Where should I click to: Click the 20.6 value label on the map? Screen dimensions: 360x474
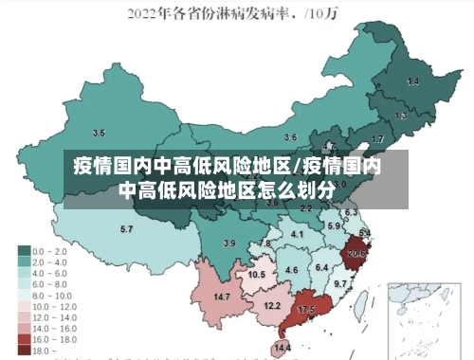click(357, 254)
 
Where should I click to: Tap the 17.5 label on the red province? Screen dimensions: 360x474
click(306, 311)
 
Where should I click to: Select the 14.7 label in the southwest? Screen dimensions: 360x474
click(222, 297)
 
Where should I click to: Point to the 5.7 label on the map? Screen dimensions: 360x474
click(126, 229)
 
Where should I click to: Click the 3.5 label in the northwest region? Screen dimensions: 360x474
click(99, 132)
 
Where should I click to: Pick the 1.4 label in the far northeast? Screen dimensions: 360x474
click(412, 81)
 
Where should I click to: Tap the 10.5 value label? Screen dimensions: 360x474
click(256, 275)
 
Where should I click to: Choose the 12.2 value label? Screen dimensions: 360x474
click(272, 306)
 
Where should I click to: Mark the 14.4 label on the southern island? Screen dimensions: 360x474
click(283, 349)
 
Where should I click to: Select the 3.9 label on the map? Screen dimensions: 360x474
click(228, 244)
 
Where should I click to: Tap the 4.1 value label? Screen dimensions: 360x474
click(297, 234)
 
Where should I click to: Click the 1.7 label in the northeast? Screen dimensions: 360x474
click(377, 139)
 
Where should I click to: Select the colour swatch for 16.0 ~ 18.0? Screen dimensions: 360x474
click(23, 338)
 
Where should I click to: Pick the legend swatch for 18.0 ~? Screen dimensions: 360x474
click(23, 350)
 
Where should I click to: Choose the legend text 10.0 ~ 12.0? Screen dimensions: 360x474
click(54, 305)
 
